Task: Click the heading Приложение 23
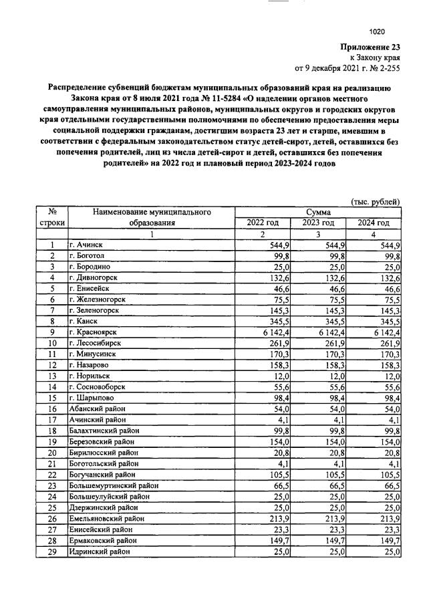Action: click(370, 47)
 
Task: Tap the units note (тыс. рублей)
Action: click(376, 201)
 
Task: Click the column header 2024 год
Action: click(373, 223)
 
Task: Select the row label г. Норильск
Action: click(90, 376)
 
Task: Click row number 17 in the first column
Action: click(51, 420)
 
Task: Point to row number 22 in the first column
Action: click(51, 475)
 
